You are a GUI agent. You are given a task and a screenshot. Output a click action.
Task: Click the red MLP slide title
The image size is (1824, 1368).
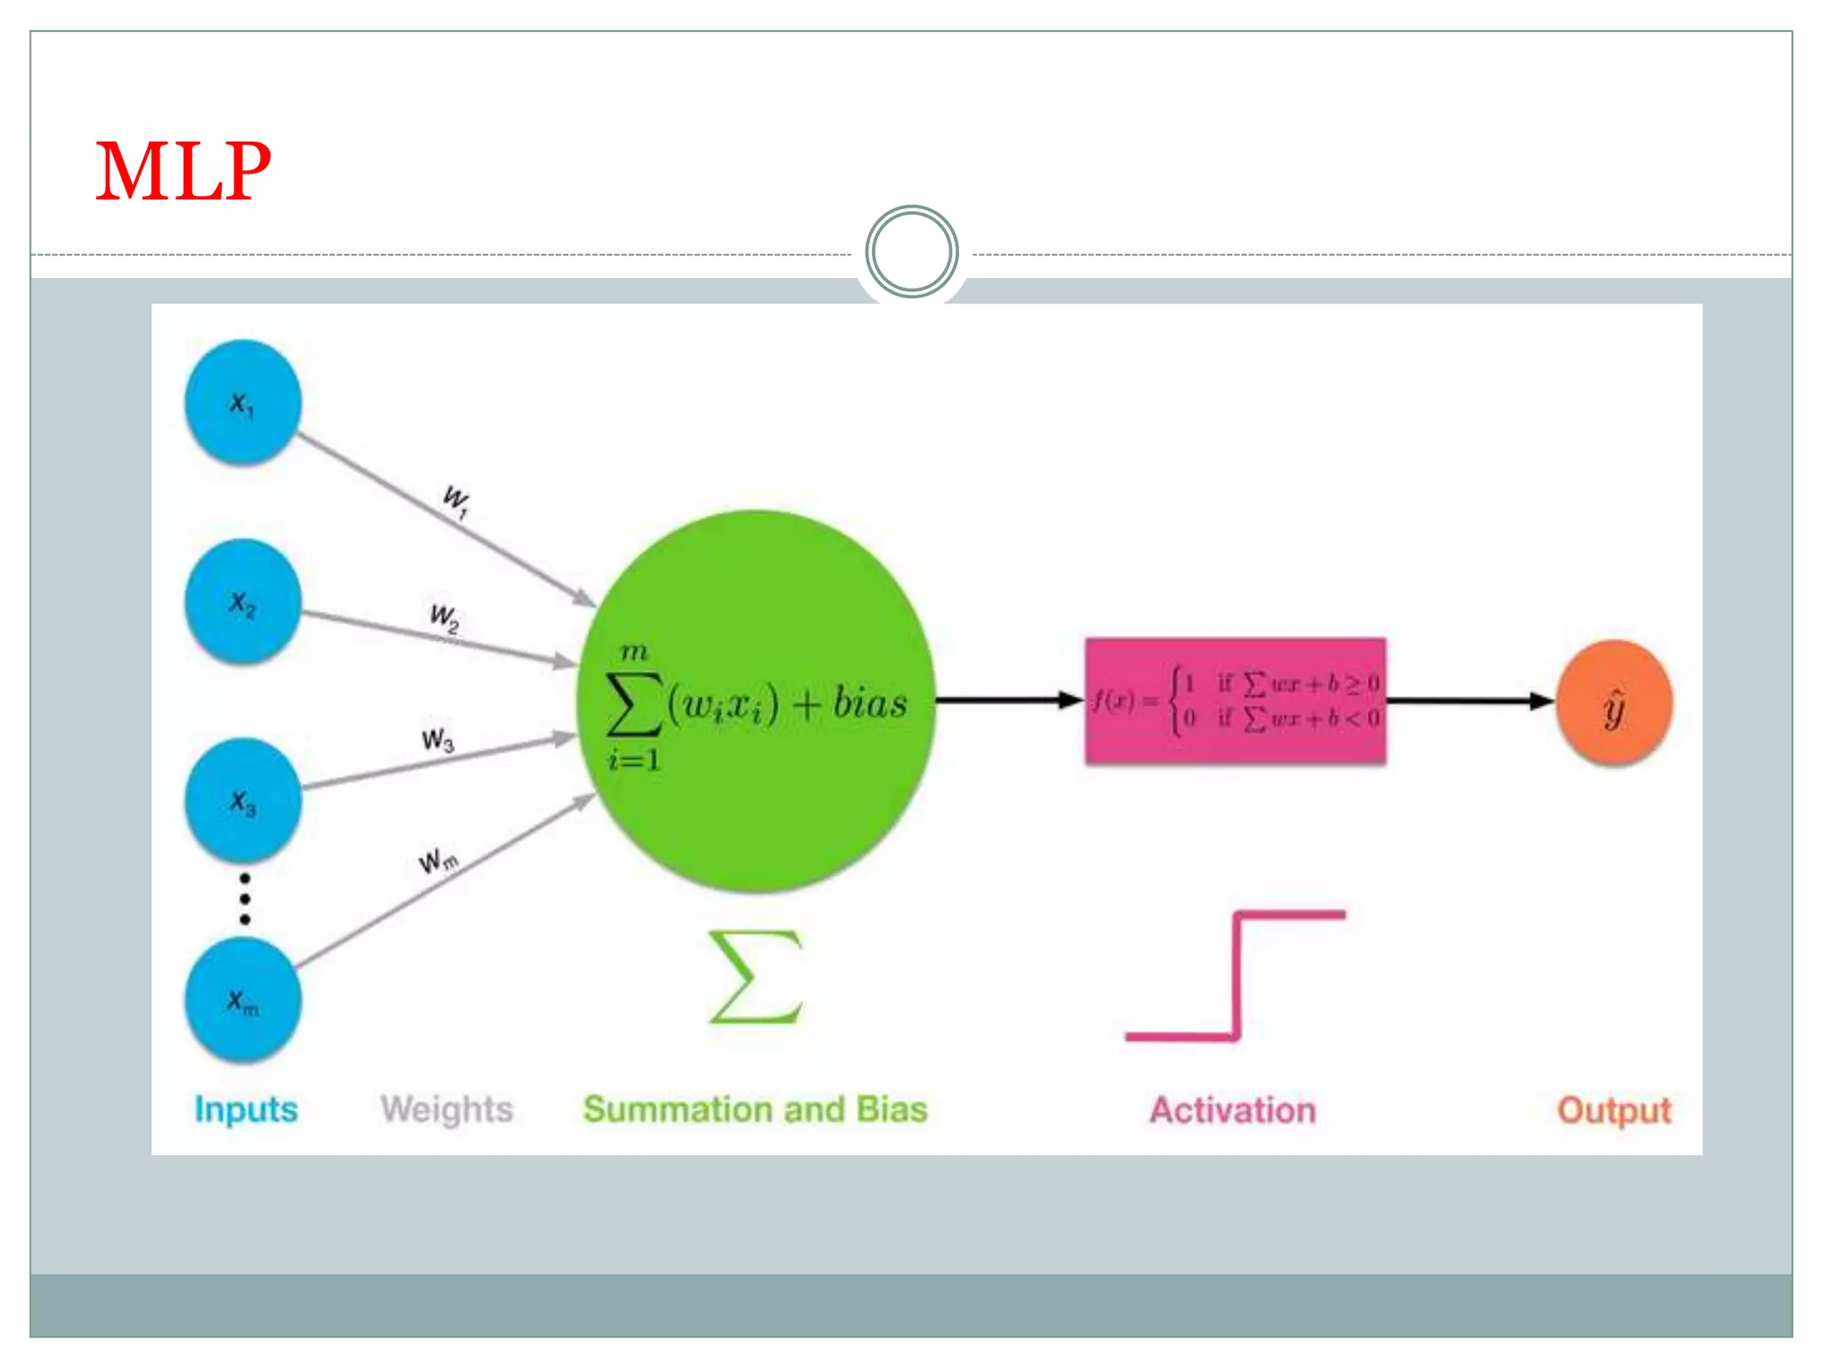183,171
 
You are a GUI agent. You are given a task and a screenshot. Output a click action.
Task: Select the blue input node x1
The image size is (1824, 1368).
242,403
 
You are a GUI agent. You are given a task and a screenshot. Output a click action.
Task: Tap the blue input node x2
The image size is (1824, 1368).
242,602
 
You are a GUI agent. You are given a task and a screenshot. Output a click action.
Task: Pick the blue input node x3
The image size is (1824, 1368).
242,801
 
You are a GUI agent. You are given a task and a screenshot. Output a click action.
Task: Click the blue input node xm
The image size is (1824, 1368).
242,1000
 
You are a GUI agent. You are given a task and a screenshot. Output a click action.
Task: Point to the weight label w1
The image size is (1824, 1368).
457,501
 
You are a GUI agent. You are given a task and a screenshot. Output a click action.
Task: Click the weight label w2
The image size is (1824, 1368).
444,617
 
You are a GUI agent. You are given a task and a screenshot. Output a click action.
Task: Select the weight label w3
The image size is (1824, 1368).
437,739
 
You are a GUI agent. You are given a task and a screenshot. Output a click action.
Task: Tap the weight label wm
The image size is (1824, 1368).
438,861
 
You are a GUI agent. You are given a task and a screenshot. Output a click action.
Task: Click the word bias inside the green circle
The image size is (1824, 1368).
869,704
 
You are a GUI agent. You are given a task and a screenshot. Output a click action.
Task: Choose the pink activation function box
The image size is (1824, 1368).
1234,701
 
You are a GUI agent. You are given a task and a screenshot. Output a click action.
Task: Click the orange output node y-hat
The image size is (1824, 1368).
1614,704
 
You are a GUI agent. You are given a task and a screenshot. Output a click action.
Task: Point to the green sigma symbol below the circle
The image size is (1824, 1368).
756,977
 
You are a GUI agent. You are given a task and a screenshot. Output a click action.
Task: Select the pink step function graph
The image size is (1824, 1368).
1236,976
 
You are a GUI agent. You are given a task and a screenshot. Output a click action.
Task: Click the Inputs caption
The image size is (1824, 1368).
246,1110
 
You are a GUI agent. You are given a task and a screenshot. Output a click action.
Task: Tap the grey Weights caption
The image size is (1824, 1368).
446,1110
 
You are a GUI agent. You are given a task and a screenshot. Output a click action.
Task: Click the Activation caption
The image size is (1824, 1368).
1233,1111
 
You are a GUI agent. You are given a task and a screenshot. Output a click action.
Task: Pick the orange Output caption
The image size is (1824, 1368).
1614,1111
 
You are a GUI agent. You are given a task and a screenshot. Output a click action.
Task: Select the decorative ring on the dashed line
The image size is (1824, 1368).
911,252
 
